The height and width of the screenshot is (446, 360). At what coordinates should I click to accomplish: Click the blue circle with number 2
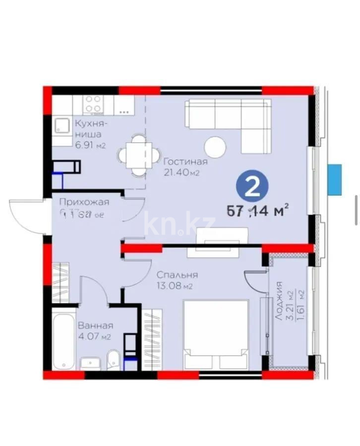click(x=253, y=187)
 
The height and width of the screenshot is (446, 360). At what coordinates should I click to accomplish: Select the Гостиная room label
click(x=185, y=162)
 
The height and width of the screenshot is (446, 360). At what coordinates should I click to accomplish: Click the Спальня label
click(x=177, y=275)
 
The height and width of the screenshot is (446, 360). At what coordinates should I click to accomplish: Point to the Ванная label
click(x=95, y=326)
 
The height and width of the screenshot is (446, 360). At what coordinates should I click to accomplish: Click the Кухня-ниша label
click(x=89, y=129)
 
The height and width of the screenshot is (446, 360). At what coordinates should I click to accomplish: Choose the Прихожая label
click(x=84, y=202)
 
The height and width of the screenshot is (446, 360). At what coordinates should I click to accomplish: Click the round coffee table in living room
click(x=216, y=146)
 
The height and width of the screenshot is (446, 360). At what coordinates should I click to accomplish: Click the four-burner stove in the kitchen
click(x=93, y=105)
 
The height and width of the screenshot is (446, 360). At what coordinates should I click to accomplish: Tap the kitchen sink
click(x=62, y=125)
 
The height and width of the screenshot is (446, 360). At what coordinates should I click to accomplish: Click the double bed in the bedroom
click(x=216, y=334)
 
